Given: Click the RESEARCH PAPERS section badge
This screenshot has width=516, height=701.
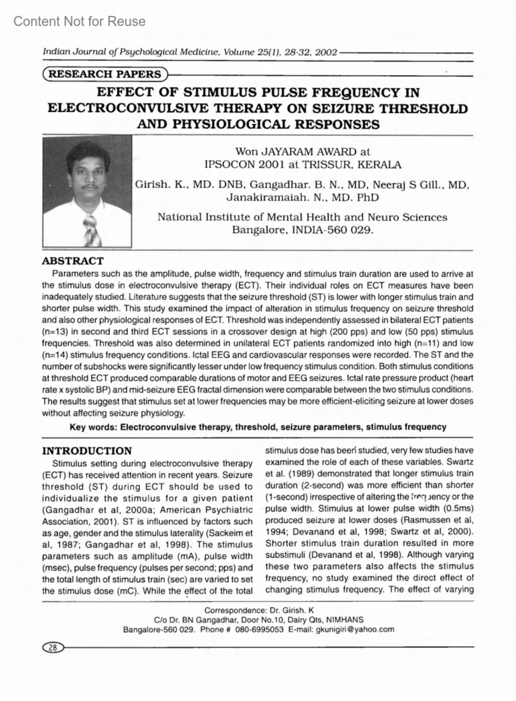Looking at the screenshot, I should point(104,74).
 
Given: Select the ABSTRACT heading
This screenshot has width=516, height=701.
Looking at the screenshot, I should point(73,261).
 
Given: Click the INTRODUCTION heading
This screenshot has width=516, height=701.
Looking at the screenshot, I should point(87,451).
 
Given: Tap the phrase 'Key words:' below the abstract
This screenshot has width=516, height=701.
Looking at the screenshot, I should point(94,427).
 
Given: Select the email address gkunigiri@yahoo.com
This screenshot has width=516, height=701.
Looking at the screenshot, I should point(355,630).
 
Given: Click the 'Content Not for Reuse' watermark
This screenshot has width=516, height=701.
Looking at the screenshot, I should point(80,21).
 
